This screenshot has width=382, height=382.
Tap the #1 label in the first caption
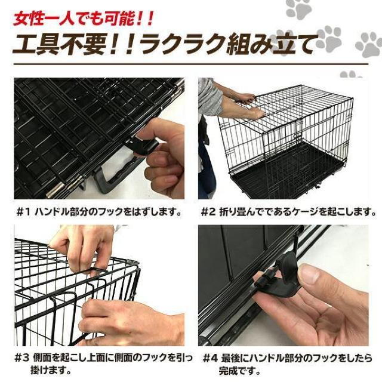[x=22, y=211]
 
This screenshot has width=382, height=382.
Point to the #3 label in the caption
[x=22, y=358]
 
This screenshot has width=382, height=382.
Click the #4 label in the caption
[x=210, y=358]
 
